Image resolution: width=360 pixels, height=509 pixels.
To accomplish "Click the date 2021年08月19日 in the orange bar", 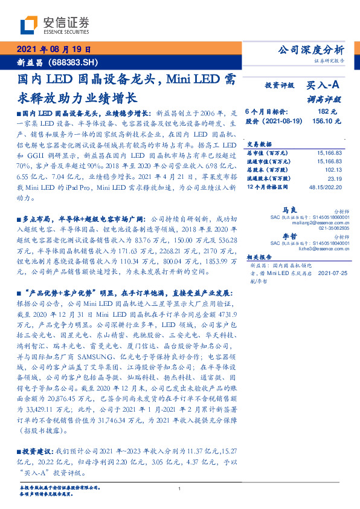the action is tap(54, 50).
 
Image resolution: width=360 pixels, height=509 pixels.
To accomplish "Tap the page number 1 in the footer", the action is tap(180, 488).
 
